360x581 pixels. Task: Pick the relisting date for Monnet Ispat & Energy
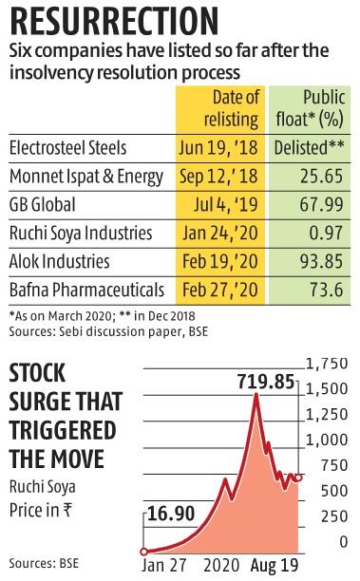coord(219,176)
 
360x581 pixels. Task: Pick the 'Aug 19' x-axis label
coord(275,563)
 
